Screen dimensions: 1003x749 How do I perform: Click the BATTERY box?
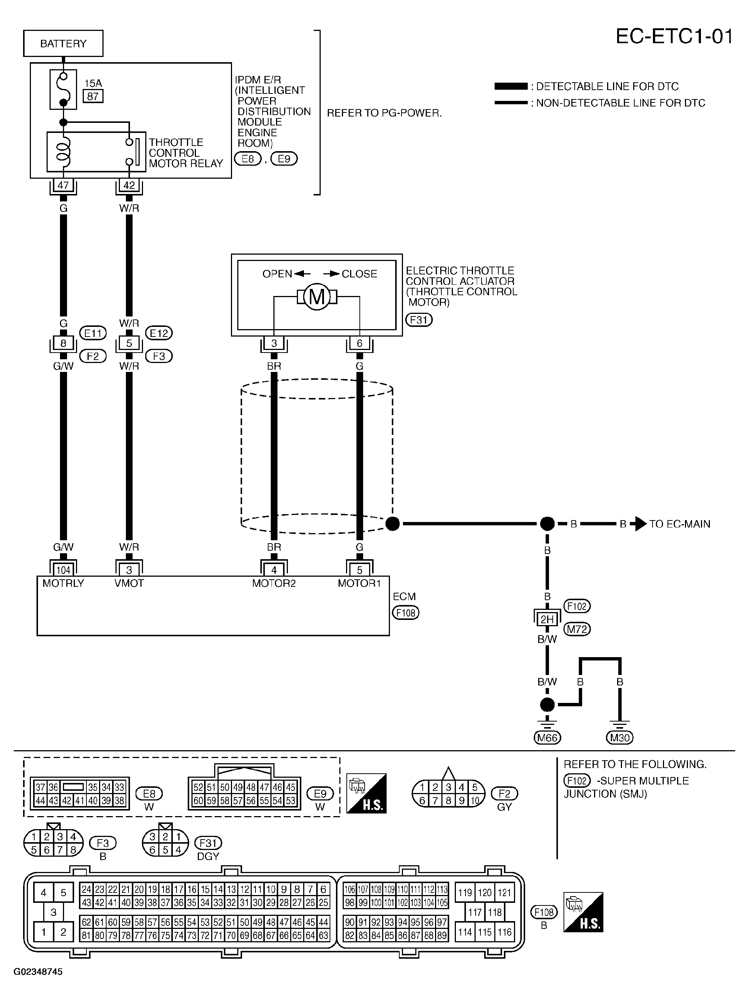point(63,44)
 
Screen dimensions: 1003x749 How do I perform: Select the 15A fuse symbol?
point(63,89)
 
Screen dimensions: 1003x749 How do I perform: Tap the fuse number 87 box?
point(93,96)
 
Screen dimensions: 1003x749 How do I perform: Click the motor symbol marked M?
point(317,297)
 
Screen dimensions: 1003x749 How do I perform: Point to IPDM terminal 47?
point(63,185)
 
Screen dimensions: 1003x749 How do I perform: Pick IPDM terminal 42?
point(129,185)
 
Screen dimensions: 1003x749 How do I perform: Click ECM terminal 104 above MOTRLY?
point(63,570)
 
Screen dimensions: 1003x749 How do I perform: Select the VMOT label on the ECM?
point(129,583)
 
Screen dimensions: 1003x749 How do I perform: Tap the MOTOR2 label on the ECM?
point(274,583)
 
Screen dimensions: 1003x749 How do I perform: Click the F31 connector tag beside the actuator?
point(419,320)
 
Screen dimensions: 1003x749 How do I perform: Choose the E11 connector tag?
point(93,334)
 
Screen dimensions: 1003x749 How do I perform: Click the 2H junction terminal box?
point(547,619)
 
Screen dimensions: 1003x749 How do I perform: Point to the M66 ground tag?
point(547,738)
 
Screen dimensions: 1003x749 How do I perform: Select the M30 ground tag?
point(620,738)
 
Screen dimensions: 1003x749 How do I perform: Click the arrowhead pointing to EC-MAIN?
point(641,524)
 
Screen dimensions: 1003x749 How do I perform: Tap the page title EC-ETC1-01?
point(674,36)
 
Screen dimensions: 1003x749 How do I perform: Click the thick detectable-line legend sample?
point(511,86)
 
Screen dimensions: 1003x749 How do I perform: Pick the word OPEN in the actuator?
point(277,274)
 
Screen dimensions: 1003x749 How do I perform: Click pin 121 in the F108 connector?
point(504,892)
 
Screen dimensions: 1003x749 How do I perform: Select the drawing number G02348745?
point(38,972)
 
